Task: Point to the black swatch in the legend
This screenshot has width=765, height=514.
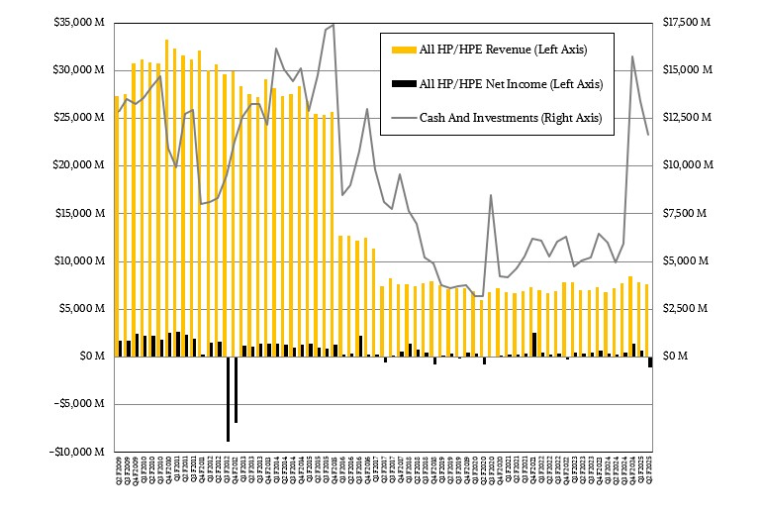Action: point(400,83)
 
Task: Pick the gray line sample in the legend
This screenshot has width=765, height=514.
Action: point(400,118)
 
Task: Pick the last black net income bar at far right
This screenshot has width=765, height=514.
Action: point(650,361)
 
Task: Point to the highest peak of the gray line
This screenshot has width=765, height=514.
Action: point(334,24)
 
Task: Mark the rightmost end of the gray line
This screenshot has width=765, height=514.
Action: point(648,135)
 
